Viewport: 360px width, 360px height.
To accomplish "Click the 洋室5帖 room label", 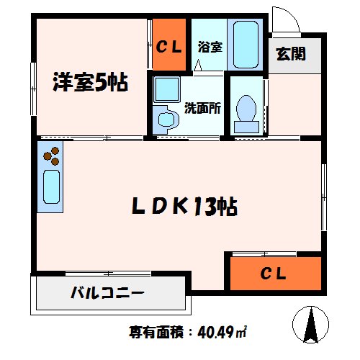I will coord(89,83).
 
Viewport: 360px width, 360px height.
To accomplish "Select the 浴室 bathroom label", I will coord(210,46).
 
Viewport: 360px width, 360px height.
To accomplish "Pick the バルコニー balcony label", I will coord(107,294).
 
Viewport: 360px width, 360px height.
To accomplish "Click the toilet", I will coord(247,111).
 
